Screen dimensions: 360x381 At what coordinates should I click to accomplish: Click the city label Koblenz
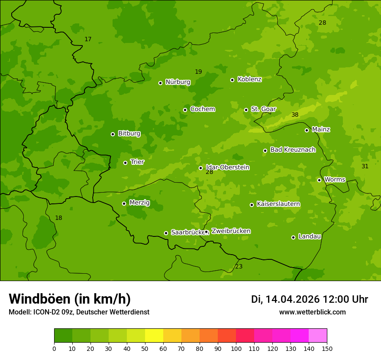point(249,79)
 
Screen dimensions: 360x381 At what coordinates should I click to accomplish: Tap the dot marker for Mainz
point(307,130)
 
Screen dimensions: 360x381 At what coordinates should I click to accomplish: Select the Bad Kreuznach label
point(293,150)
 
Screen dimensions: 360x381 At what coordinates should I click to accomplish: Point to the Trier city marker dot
point(126,163)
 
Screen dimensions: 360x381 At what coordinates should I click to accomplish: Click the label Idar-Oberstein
point(228,167)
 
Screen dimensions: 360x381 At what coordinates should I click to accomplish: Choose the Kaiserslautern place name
point(278,204)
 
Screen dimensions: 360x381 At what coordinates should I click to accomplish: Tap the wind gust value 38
point(295,115)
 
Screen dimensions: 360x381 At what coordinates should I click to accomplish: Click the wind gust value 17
point(88,39)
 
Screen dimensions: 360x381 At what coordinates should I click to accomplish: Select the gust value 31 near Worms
point(365,167)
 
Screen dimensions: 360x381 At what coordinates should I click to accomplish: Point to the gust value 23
point(239,267)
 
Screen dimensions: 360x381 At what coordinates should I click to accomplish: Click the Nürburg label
point(178,82)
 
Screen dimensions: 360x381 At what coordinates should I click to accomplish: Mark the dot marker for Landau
point(293,237)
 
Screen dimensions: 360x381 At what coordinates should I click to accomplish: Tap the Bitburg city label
point(129,134)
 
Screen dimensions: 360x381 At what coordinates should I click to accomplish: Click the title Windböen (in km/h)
point(70,299)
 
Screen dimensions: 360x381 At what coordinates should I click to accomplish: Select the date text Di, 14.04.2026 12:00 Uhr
point(310,299)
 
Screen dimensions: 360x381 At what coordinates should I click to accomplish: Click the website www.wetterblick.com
point(312,312)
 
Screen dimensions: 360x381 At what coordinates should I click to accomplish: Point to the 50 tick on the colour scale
point(145,348)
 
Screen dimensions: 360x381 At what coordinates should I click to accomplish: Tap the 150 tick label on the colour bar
point(327,348)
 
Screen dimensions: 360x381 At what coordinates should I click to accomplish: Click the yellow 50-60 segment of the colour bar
point(154,336)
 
